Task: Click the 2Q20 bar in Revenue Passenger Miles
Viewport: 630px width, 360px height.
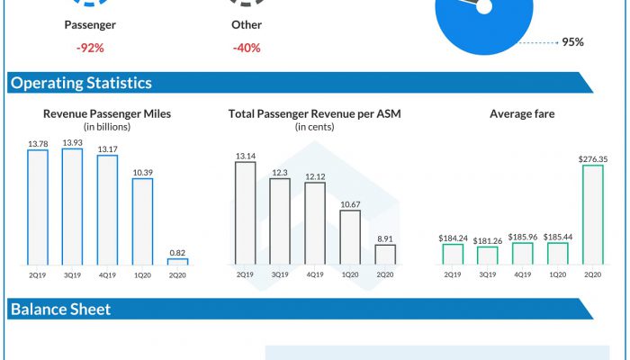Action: point(177,262)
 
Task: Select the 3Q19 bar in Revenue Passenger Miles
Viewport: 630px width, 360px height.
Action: point(72,206)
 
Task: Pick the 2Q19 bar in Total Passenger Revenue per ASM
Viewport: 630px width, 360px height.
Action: point(246,213)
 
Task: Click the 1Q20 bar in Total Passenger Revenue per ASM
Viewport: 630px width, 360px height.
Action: point(349,237)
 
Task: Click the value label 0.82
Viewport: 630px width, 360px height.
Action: point(177,253)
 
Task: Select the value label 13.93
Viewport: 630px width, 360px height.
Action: point(72,142)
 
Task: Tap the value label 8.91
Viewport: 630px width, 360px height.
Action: point(384,238)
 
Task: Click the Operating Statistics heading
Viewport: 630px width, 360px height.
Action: point(81,83)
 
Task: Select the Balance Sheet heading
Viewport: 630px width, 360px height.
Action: point(60,309)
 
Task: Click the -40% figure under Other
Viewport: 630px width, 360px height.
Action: point(246,48)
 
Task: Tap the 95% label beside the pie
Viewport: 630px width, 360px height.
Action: point(572,41)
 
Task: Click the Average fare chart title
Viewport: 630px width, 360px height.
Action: point(522,113)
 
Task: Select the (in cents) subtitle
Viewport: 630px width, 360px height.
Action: point(314,127)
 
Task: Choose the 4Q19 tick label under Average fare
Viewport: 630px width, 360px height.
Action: point(523,274)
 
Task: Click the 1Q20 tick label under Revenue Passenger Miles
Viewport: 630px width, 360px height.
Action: point(142,274)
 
